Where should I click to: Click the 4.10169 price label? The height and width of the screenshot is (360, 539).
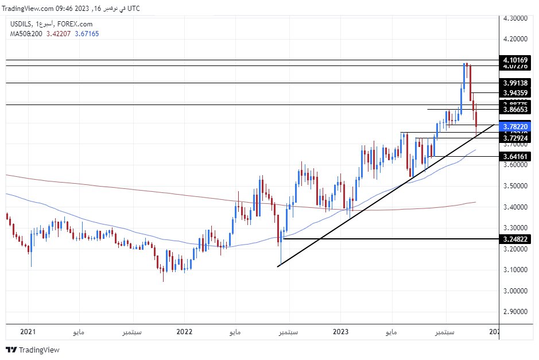point(515,60)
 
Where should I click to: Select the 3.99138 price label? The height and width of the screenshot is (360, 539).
point(515,83)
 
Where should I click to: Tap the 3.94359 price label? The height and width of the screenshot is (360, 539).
point(515,93)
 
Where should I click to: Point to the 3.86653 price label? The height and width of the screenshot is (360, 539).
point(515,109)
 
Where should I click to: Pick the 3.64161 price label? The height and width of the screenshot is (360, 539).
point(515,156)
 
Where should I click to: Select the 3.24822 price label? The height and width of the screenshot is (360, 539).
point(515,239)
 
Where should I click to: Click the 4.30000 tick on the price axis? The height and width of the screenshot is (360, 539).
point(515,18)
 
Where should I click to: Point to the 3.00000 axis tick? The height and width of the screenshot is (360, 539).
point(515,291)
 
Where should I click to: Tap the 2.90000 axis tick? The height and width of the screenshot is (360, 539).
point(515,312)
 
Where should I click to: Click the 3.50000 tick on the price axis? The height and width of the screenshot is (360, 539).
point(515,186)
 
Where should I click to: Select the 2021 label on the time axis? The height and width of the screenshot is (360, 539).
point(28,331)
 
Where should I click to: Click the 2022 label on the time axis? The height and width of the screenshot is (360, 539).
point(184,331)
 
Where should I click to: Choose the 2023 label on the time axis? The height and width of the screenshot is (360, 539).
point(340,331)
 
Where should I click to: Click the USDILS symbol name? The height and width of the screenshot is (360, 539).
point(21,24)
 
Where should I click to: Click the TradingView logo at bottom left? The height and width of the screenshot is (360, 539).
point(33,350)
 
